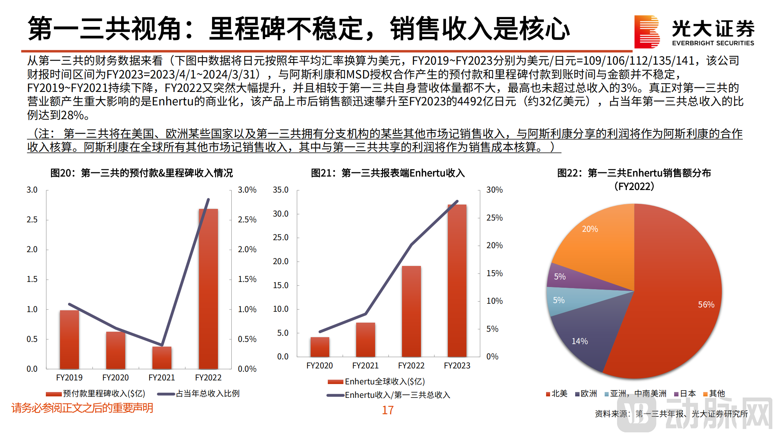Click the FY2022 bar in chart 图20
click(208, 291)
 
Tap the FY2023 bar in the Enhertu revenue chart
click(457, 283)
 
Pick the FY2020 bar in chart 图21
click(320, 347)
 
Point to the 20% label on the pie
click(590, 229)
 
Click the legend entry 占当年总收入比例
click(207, 393)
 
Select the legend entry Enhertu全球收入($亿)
click(384, 381)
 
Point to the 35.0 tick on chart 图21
click(280, 190)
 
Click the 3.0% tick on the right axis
click(247, 190)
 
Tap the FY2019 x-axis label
click(69, 378)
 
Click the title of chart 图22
click(634, 173)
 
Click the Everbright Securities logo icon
click(646, 32)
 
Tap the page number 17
click(387, 410)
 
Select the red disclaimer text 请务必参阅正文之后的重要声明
click(82, 408)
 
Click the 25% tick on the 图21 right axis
click(494, 218)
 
